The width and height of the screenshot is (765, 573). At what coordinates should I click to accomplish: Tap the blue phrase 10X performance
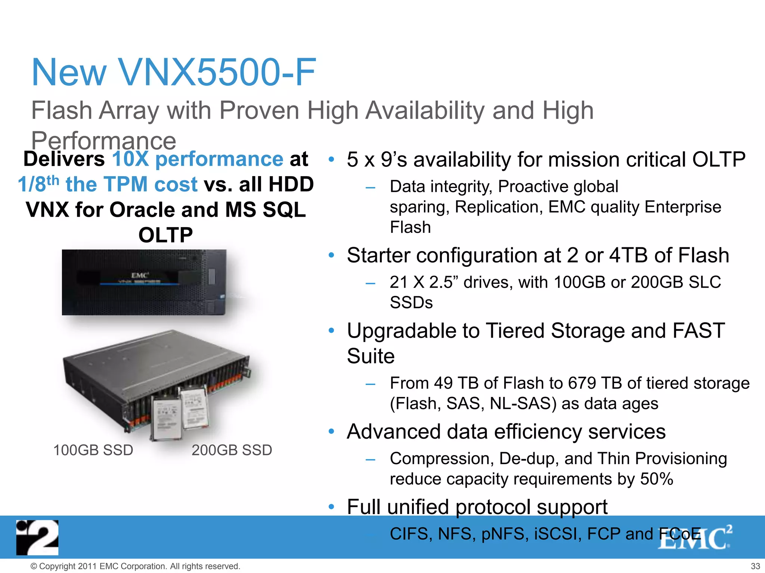coord(198,159)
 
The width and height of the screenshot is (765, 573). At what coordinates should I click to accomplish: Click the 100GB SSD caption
coord(93,450)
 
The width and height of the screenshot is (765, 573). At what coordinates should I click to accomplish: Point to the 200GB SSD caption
coord(232,450)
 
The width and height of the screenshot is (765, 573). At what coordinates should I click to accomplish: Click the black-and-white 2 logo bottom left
coord(37,537)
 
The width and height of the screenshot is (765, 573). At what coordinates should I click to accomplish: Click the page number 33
coord(755,566)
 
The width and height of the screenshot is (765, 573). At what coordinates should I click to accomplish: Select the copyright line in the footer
coord(135,566)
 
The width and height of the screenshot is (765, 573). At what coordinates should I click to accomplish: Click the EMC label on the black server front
coord(140,275)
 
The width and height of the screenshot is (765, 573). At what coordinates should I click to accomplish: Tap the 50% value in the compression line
coord(656,479)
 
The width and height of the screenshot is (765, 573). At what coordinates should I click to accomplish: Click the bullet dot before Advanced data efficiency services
coord(331,432)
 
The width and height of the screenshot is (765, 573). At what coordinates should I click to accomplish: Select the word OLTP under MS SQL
coord(165,235)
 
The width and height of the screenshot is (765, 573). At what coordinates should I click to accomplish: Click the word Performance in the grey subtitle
coord(103,141)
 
